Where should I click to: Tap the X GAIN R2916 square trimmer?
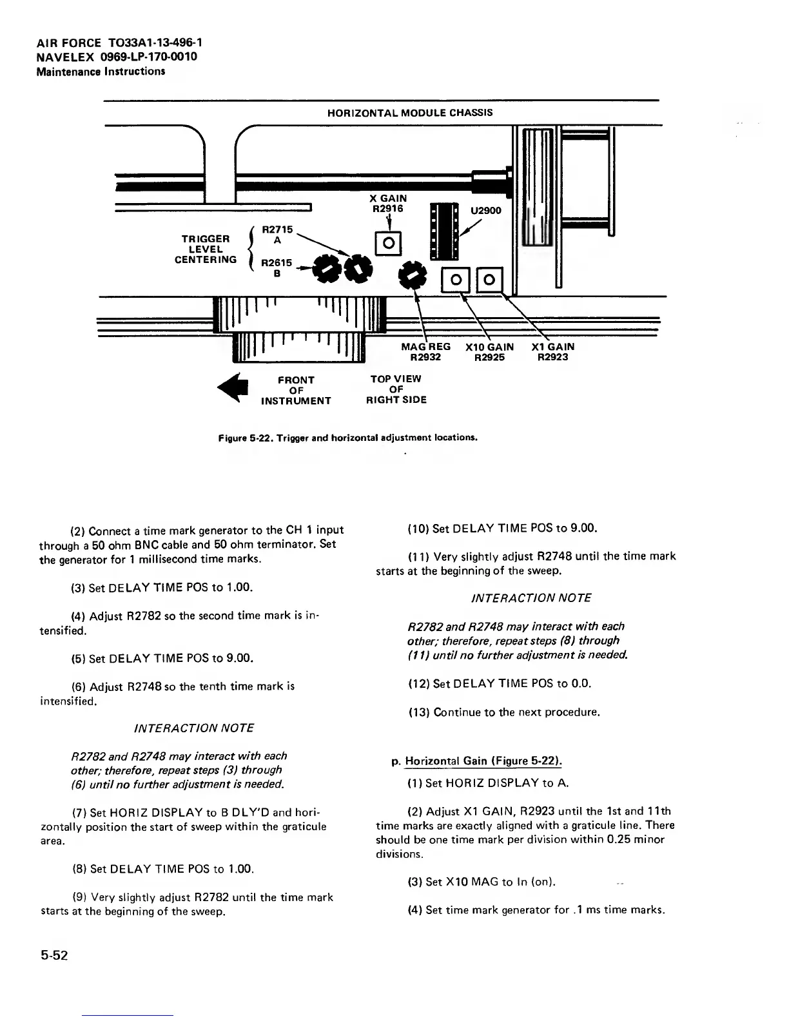click(389, 243)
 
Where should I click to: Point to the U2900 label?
click(485, 210)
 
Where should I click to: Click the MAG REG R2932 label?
click(425, 352)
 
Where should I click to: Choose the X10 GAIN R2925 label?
click(489, 352)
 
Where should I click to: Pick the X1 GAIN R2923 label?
click(552, 352)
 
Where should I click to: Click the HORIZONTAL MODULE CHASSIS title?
click(410, 113)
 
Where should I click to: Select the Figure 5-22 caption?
click(348, 438)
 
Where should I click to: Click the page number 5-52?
click(55, 955)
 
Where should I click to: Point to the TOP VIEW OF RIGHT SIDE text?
click(396, 389)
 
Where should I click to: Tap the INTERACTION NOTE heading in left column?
click(193, 728)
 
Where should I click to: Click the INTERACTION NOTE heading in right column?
click(531, 598)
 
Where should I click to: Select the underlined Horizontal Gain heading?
click(483, 761)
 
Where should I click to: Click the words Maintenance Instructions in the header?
click(101, 71)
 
